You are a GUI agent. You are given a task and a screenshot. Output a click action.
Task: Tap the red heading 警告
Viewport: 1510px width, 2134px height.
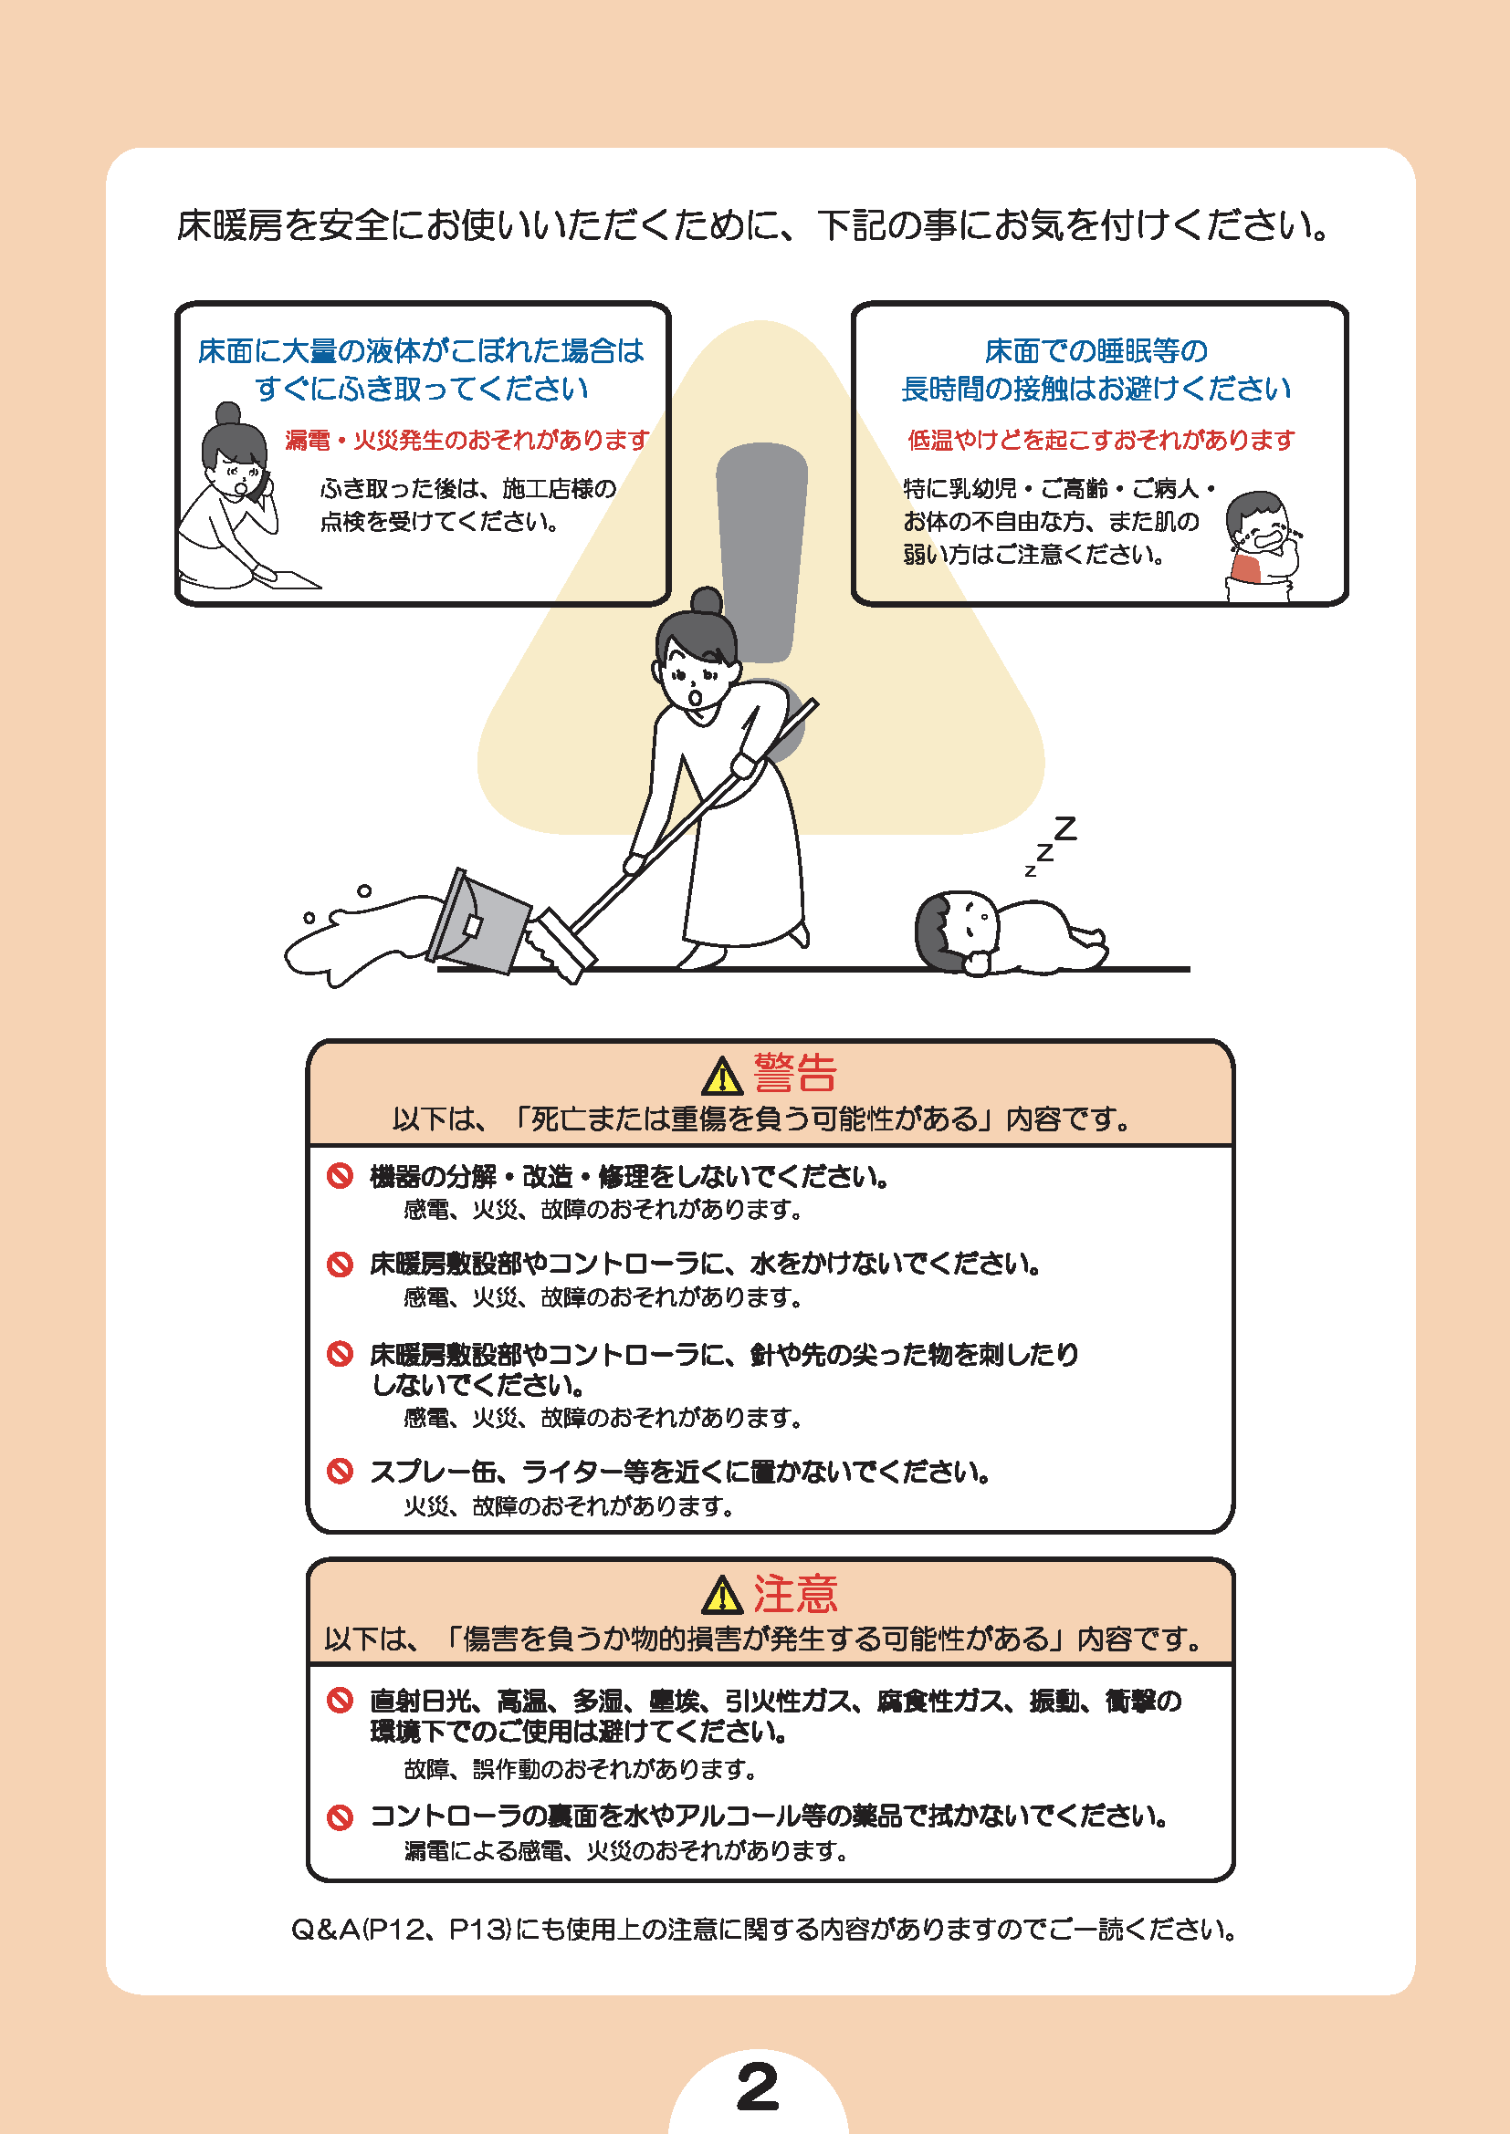pyautogui.click(x=795, y=1073)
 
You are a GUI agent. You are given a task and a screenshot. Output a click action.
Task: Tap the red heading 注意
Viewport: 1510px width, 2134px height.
pyautogui.click(x=795, y=1593)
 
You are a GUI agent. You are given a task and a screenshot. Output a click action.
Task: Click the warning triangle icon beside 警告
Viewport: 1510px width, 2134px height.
pyautogui.click(x=722, y=1077)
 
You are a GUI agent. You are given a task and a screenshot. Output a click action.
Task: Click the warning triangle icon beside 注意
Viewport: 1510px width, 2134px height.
pyautogui.click(x=722, y=1596)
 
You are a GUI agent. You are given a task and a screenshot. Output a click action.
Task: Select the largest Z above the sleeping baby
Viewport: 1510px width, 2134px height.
pyautogui.click(x=1064, y=828)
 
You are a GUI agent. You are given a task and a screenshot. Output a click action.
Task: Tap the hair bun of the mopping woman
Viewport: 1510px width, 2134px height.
pyautogui.click(x=707, y=600)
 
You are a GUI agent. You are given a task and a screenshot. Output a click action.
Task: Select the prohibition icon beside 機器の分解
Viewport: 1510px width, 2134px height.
pyautogui.click(x=341, y=1176)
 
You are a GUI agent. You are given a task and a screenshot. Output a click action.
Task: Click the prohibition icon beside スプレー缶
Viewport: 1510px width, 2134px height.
pyautogui.click(x=341, y=1471)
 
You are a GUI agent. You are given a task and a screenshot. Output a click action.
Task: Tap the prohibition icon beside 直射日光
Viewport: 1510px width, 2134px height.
pyautogui.click(x=341, y=1700)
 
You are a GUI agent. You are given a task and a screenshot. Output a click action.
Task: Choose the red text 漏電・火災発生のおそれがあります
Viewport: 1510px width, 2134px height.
pyautogui.click(x=467, y=440)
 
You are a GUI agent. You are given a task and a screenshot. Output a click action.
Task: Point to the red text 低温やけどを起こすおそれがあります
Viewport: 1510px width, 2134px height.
pyautogui.click(x=1101, y=440)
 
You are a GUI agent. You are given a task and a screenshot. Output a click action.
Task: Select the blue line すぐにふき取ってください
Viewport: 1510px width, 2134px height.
pyautogui.click(x=421, y=389)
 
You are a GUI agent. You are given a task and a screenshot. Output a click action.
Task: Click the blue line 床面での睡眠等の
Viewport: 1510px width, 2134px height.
pyautogui.click(x=1096, y=350)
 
